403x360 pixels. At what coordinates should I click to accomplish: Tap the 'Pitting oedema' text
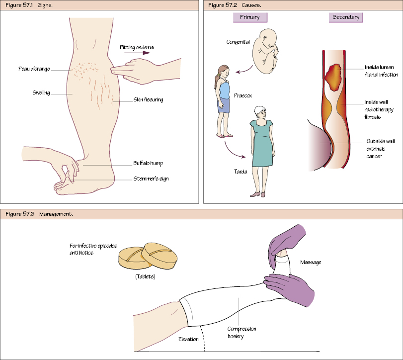[x=137, y=48]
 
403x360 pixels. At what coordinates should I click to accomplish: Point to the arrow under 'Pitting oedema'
[x=136, y=52]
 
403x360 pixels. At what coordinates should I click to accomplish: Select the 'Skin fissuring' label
[x=148, y=99]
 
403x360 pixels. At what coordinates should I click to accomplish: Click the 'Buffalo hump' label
[x=148, y=163]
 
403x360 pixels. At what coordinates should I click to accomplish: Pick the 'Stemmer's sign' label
[x=151, y=179]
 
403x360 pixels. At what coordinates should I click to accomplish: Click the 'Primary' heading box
[x=250, y=17]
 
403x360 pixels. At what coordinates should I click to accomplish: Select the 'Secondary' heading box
[x=346, y=17]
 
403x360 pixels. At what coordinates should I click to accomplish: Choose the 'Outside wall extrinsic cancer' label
[x=380, y=149]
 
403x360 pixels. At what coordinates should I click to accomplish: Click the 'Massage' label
[x=311, y=262]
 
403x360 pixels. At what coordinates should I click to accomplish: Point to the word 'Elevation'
[x=189, y=339]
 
